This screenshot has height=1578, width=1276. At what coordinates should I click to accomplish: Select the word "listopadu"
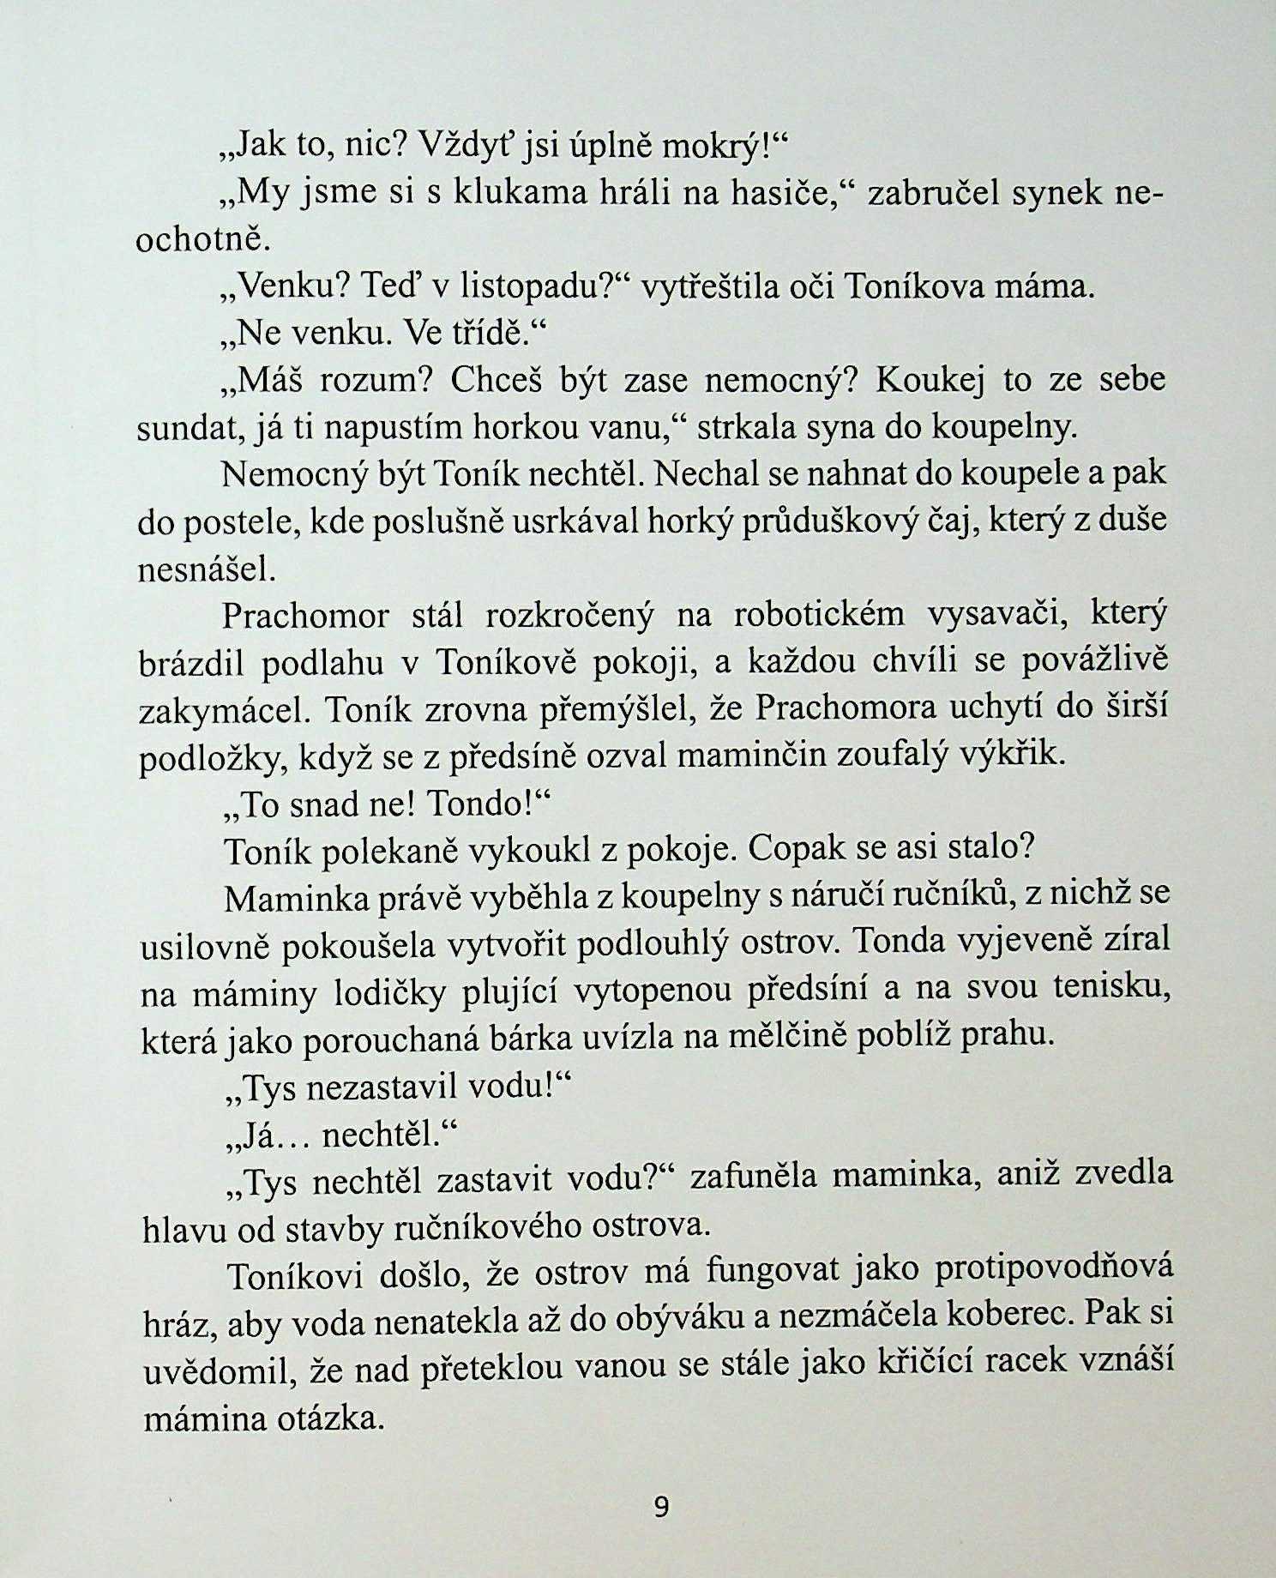(x=533, y=286)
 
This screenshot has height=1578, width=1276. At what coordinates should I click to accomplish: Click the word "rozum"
(x=369, y=380)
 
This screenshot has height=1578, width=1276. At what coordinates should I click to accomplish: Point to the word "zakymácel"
(x=218, y=710)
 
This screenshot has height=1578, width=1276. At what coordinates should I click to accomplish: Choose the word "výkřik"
(x=1015, y=756)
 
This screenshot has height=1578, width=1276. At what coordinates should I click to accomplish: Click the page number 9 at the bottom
(x=660, y=1508)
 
